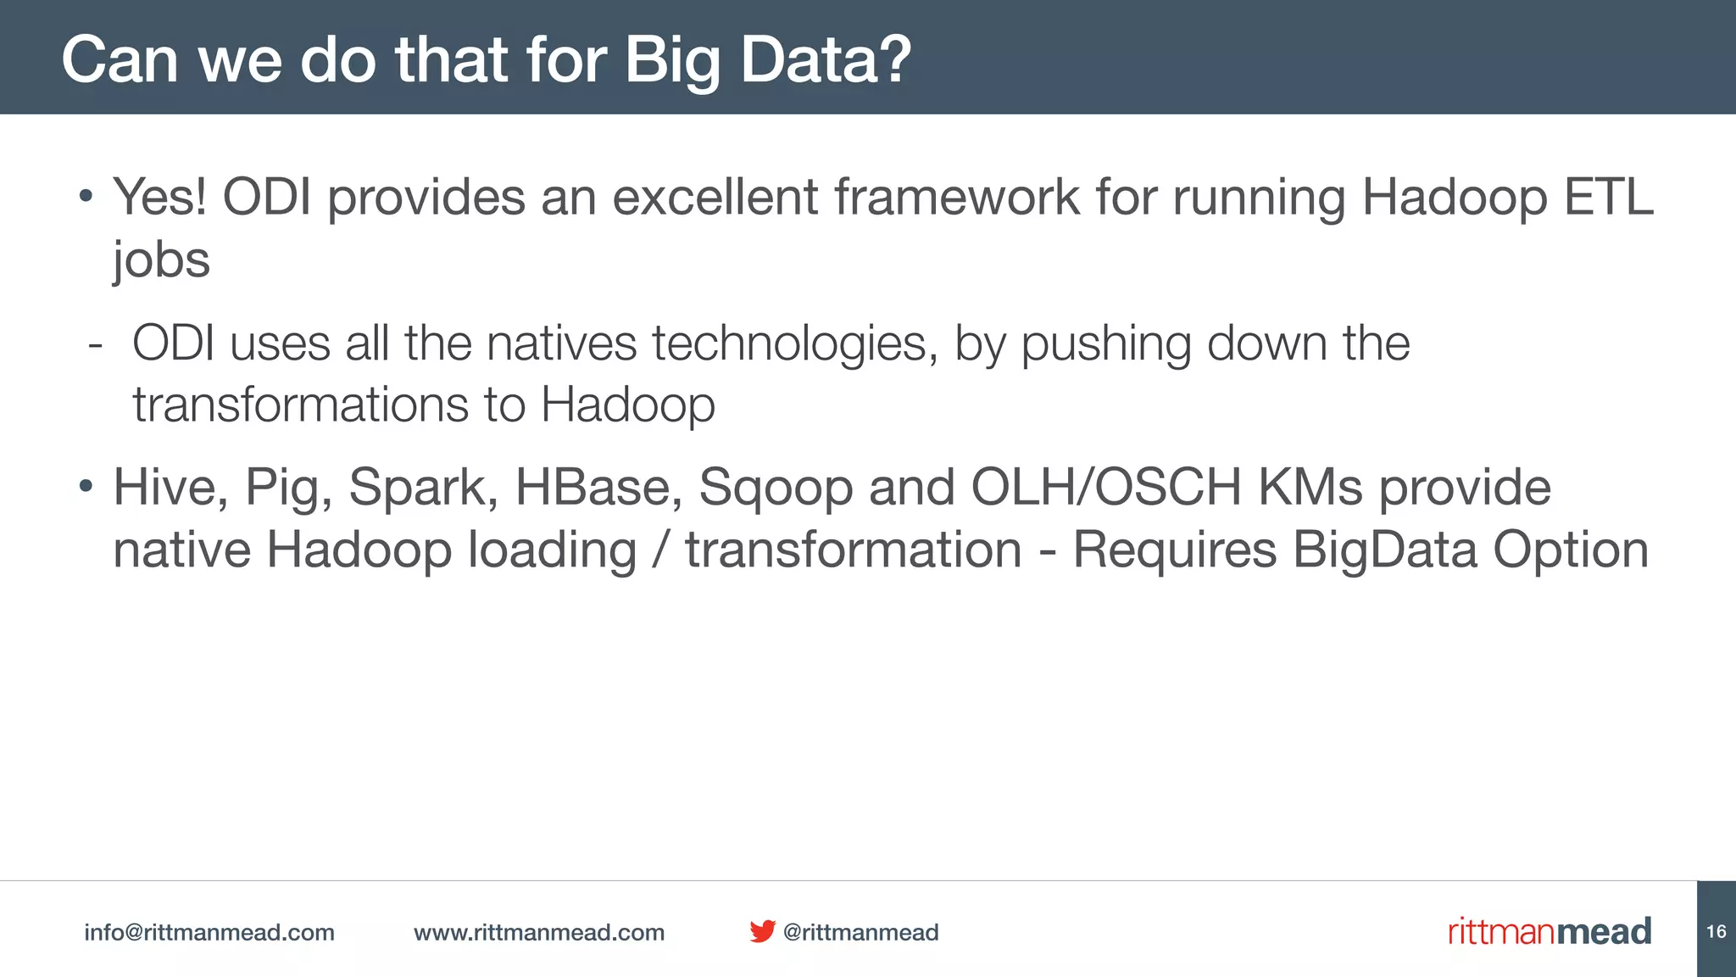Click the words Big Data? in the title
(767, 61)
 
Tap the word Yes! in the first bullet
(160, 198)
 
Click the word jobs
(161, 260)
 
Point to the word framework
(956, 198)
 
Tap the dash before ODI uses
(95, 345)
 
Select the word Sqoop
(775, 489)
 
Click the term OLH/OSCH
(1105, 488)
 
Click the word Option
(1570, 550)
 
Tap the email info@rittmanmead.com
(209, 932)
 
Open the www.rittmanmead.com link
(539, 932)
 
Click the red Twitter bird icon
(762, 931)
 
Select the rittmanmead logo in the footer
(1549, 931)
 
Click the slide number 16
(1716, 931)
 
